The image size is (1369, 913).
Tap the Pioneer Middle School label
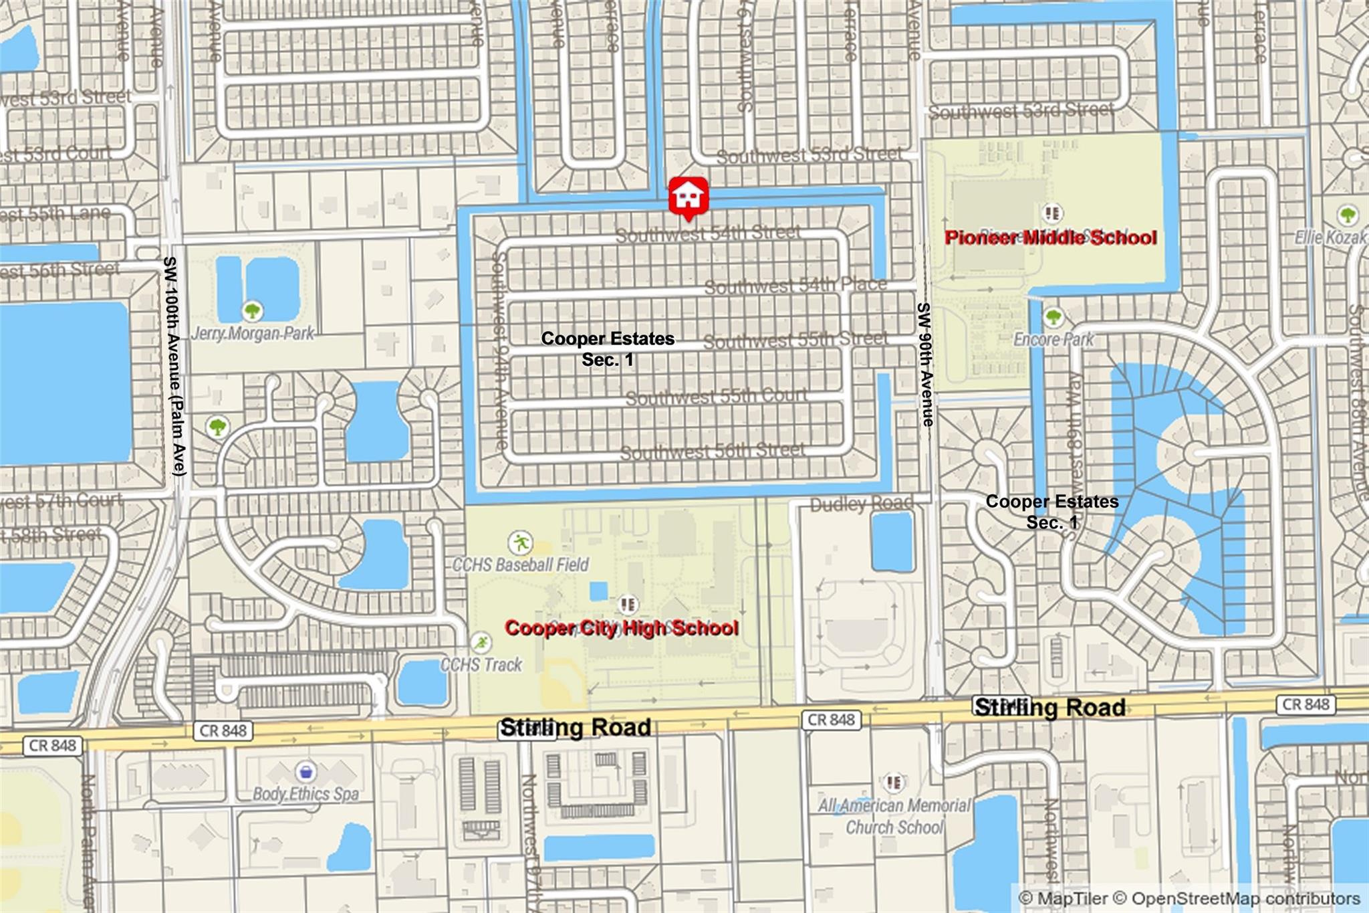(x=1050, y=237)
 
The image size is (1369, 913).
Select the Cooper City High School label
(x=622, y=627)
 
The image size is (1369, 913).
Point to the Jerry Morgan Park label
(x=253, y=333)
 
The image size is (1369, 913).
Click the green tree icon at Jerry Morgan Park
(x=252, y=310)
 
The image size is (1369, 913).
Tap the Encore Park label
(x=1053, y=339)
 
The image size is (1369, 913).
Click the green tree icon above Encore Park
(x=1053, y=316)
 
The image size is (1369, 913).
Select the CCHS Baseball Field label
(x=521, y=565)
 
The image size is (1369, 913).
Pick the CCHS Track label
(x=481, y=664)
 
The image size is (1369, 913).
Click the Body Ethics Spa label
(x=305, y=794)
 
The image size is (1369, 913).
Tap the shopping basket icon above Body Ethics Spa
(x=305, y=772)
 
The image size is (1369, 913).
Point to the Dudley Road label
(x=861, y=504)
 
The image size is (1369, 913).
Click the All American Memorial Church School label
(x=894, y=816)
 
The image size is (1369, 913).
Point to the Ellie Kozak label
(x=1331, y=237)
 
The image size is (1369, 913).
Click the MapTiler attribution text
(x=1063, y=898)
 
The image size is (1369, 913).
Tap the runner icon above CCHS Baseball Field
(x=520, y=542)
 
